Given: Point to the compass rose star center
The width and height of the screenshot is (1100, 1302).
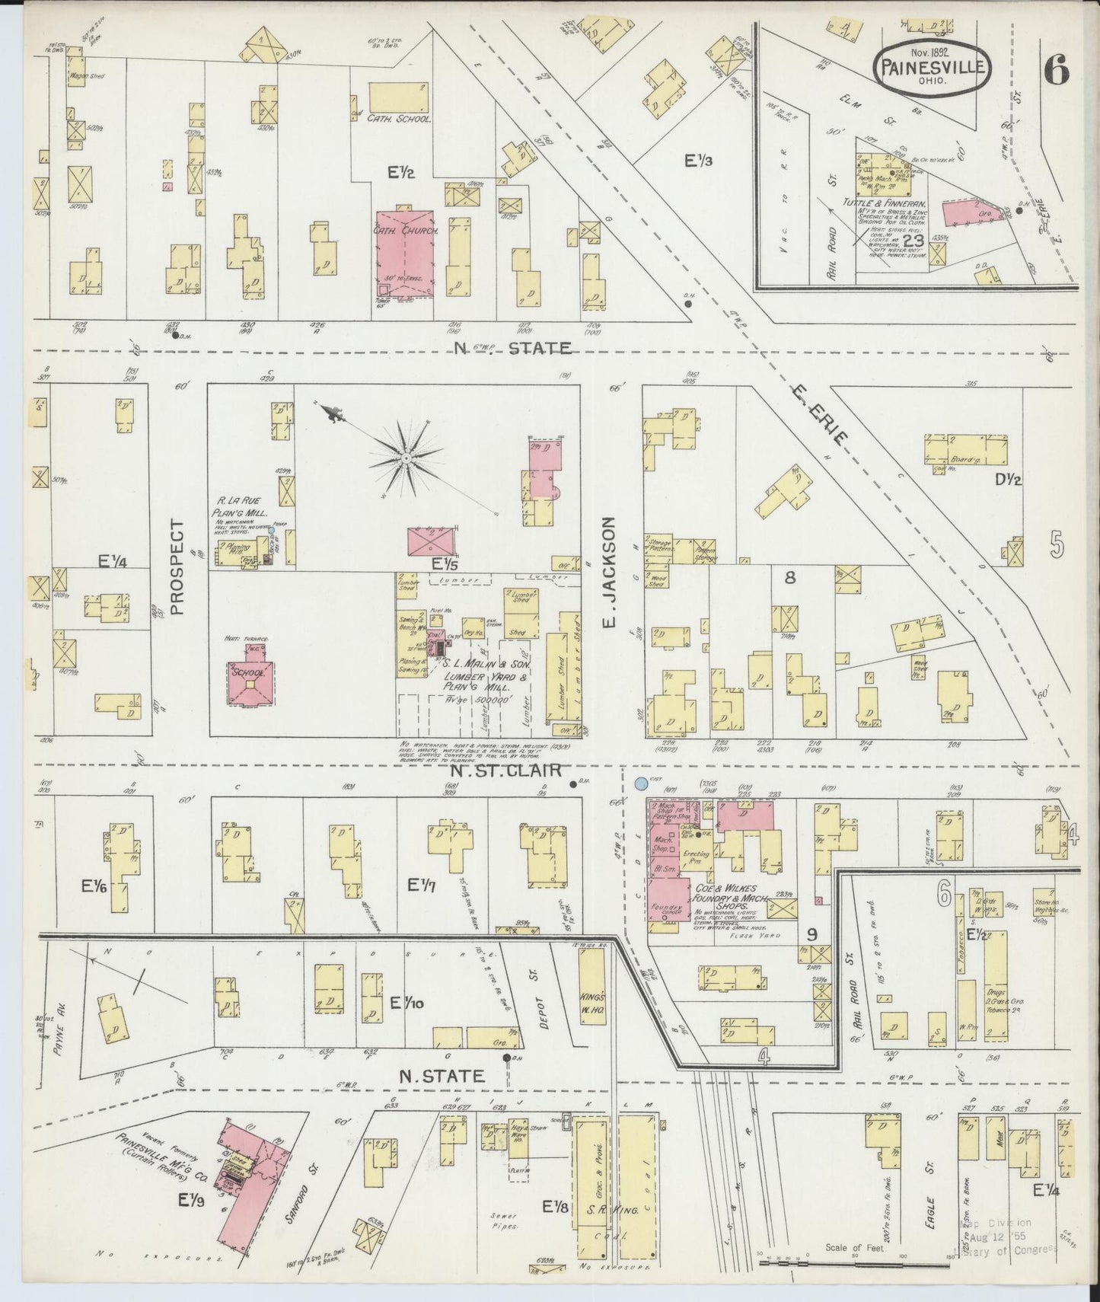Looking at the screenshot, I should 407,458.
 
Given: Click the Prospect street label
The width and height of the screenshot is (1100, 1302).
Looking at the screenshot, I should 177,566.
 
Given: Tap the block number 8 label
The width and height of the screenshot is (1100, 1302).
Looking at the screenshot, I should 790,578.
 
